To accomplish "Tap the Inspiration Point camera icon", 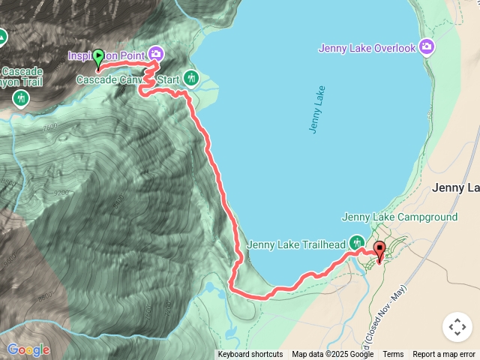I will [x=156, y=53].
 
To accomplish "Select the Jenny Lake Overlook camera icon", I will [x=427, y=48].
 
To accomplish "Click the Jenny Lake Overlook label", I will [x=367, y=48].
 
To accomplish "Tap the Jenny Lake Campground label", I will [x=399, y=217].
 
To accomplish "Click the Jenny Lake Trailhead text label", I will [x=295, y=244].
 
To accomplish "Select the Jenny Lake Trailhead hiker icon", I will [x=356, y=241].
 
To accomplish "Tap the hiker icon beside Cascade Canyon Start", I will [x=190, y=77].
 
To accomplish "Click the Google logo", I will [x=28, y=349].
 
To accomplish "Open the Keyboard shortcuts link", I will [x=250, y=355].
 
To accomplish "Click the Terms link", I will [x=393, y=355].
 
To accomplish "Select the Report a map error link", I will [x=444, y=355].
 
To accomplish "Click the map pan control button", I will [x=457, y=327].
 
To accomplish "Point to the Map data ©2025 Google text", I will [x=333, y=355].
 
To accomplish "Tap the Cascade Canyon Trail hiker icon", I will [x=20, y=97].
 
